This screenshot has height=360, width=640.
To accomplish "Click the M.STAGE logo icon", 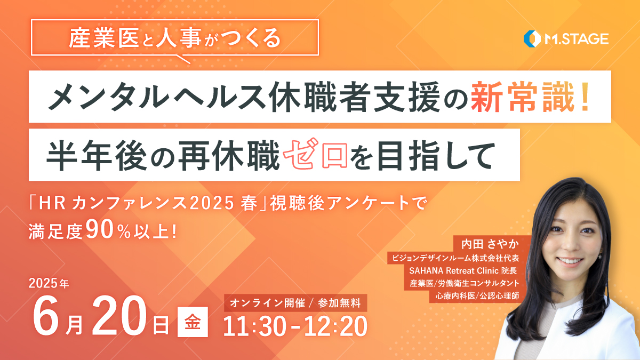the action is [x=532, y=38].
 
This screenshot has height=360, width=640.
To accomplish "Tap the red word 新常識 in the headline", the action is [x=523, y=97].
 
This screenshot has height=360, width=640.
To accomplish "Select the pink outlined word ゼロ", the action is [x=315, y=154].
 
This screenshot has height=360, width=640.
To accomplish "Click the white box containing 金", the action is [x=193, y=322].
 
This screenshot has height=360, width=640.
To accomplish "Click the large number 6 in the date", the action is [x=46, y=315].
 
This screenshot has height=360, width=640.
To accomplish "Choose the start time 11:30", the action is [x=254, y=326].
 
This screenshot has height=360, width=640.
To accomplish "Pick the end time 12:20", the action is [x=335, y=326].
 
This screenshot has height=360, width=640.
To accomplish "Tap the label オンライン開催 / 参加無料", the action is [x=295, y=303].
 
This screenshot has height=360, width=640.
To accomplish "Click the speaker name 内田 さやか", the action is [x=490, y=244].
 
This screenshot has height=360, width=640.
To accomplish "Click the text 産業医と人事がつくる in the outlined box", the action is [x=174, y=38].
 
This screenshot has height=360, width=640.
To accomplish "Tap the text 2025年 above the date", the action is [x=49, y=283].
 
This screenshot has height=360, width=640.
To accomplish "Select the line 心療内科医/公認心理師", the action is [x=477, y=295].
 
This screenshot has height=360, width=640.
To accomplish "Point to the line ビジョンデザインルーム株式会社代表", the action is [x=455, y=258].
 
